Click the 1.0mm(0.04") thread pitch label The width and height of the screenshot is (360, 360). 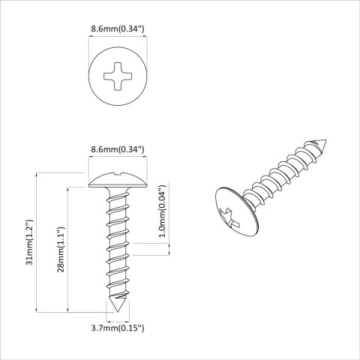click(163, 212)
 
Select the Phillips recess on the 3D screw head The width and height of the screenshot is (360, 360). click(229, 212)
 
